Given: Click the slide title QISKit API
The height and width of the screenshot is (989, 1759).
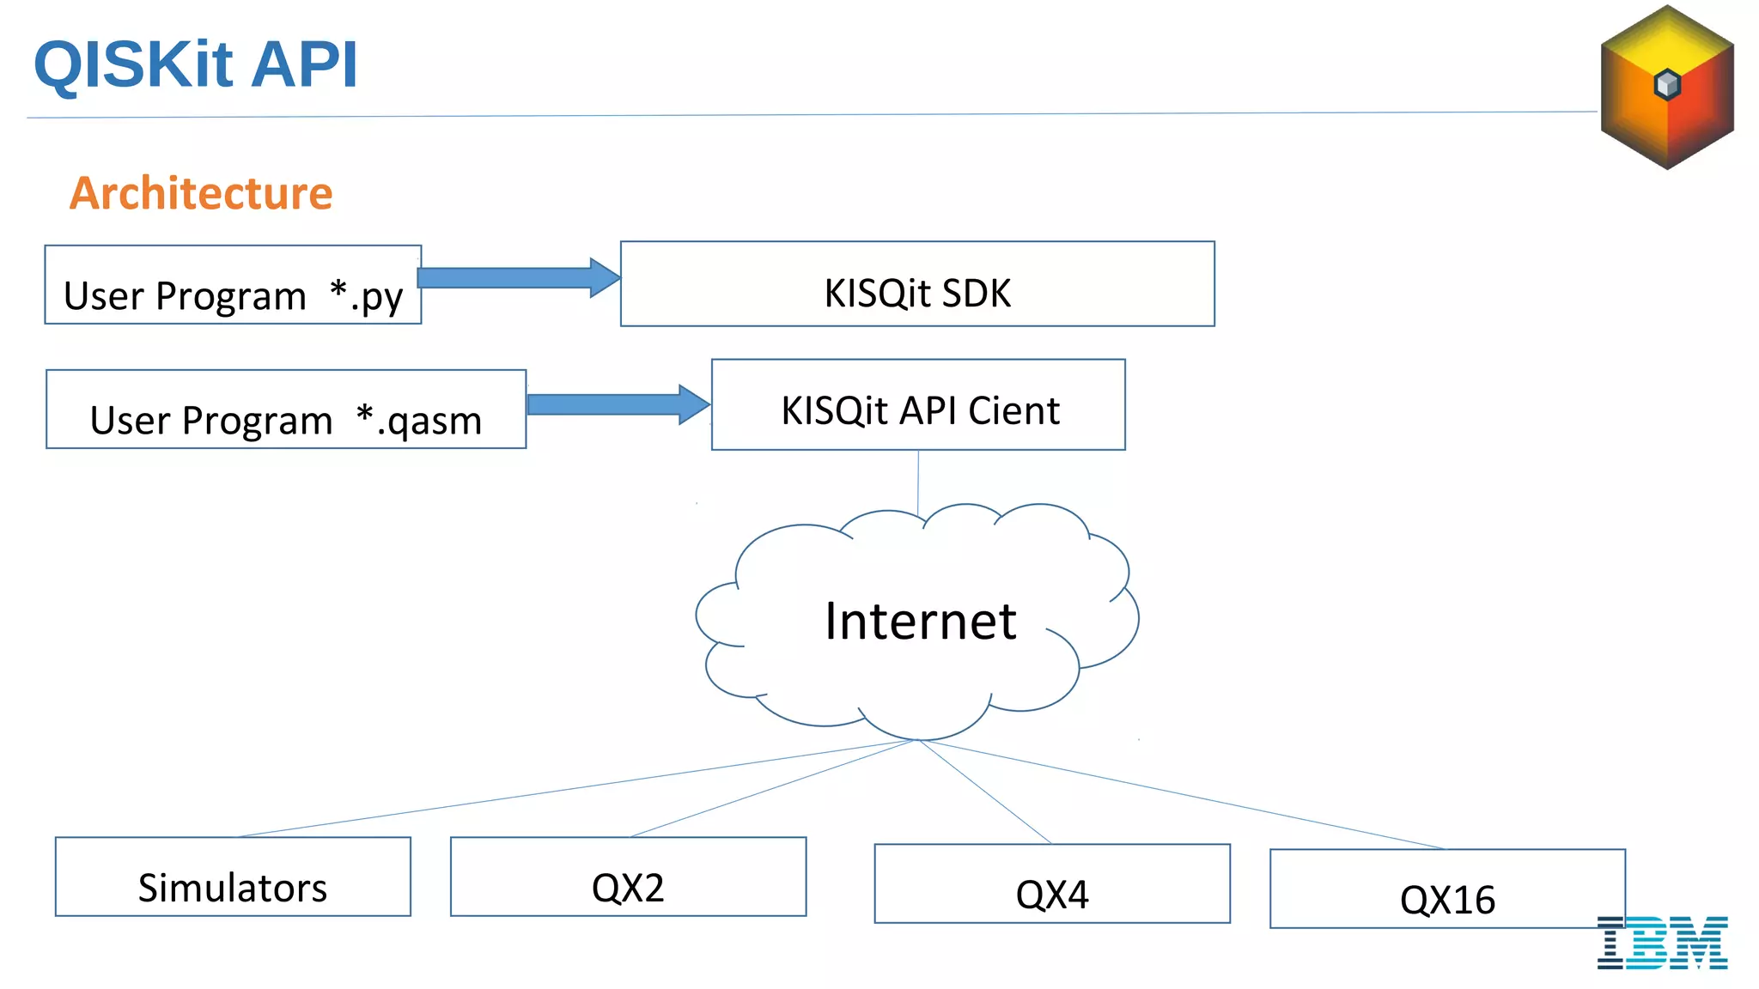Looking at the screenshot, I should pyautogui.click(x=195, y=64).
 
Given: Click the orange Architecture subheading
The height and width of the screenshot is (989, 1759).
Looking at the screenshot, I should pyautogui.click(x=201, y=193).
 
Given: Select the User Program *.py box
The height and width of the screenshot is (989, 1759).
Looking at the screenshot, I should pyautogui.click(x=233, y=285).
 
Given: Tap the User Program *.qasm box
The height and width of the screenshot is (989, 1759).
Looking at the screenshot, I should pyautogui.click(x=286, y=410).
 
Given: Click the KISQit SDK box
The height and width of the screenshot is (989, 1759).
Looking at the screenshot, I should pyautogui.click(x=917, y=284).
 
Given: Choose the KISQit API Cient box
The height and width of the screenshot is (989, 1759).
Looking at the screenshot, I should pyautogui.click(x=918, y=405).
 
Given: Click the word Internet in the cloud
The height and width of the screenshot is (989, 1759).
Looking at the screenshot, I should pyautogui.click(x=921, y=621).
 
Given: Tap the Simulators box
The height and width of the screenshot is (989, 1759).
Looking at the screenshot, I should pyautogui.click(x=233, y=877).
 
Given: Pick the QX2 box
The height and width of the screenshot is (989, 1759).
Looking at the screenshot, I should pyautogui.click(x=628, y=877).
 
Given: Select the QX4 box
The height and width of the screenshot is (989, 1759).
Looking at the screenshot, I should pyautogui.click(x=1052, y=883).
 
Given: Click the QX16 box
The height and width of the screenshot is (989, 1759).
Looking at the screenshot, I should pyautogui.click(x=1447, y=889).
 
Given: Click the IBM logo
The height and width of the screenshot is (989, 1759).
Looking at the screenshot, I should pyautogui.click(x=1663, y=943).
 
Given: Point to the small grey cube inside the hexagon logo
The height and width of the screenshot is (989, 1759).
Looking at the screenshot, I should pyautogui.click(x=1667, y=84).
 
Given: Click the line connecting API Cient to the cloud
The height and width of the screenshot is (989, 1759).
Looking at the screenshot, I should pyautogui.click(x=918, y=481).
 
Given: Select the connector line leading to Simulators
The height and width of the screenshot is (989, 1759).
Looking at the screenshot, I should pyautogui.click(x=575, y=787).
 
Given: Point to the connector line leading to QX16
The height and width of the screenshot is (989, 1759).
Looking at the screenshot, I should pyautogui.click(x=1185, y=794).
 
